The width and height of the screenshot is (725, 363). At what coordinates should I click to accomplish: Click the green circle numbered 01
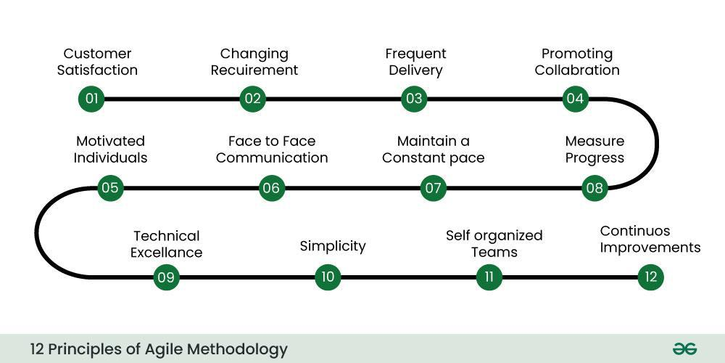click(x=91, y=99)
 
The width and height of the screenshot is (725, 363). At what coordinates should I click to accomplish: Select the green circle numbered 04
click(x=575, y=99)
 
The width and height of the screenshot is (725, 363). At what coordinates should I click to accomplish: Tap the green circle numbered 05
click(x=110, y=188)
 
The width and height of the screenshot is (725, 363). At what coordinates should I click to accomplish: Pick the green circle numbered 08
click(x=594, y=188)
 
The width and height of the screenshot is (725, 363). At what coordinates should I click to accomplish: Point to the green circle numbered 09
click(x=166, y=277)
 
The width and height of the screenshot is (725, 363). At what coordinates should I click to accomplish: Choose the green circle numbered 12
click(x=650, y=277)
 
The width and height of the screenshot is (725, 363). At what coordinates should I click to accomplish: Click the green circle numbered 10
click(x=328, y=277)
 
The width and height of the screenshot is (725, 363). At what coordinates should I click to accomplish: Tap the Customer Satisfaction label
click(x=97, y=62)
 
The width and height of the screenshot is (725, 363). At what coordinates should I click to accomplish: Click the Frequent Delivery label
click(x=415, y=62)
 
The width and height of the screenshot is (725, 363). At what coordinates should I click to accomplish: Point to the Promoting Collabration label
click(x=577, y=62)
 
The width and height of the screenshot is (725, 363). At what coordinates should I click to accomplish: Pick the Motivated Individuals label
click(x=110, y=149)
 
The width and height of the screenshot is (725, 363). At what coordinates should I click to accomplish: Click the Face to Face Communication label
click(x=272, y=149)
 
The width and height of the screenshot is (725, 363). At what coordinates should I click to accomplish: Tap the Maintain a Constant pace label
click(x=434, y=149)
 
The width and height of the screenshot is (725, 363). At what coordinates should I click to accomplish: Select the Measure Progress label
click(x=594, y=149)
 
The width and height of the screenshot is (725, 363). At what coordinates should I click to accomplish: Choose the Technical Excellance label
click(x=166, y=244)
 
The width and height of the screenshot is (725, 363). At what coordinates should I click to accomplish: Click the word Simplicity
click(x=333, y=246)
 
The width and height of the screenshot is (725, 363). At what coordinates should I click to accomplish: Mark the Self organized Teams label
click(x=494, y=244)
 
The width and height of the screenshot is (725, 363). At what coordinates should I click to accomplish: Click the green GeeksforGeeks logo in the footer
click(x=684, y=348)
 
